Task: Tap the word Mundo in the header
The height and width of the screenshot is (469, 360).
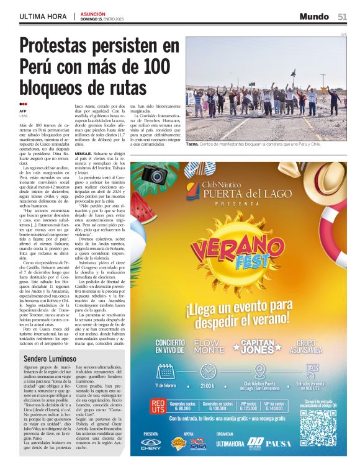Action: [314, 17]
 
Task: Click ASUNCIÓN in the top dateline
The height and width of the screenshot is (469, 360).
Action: [93, 13]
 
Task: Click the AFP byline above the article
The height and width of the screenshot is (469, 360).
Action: [23, 111]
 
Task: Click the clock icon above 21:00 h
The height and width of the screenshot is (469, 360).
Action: [208, 372]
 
